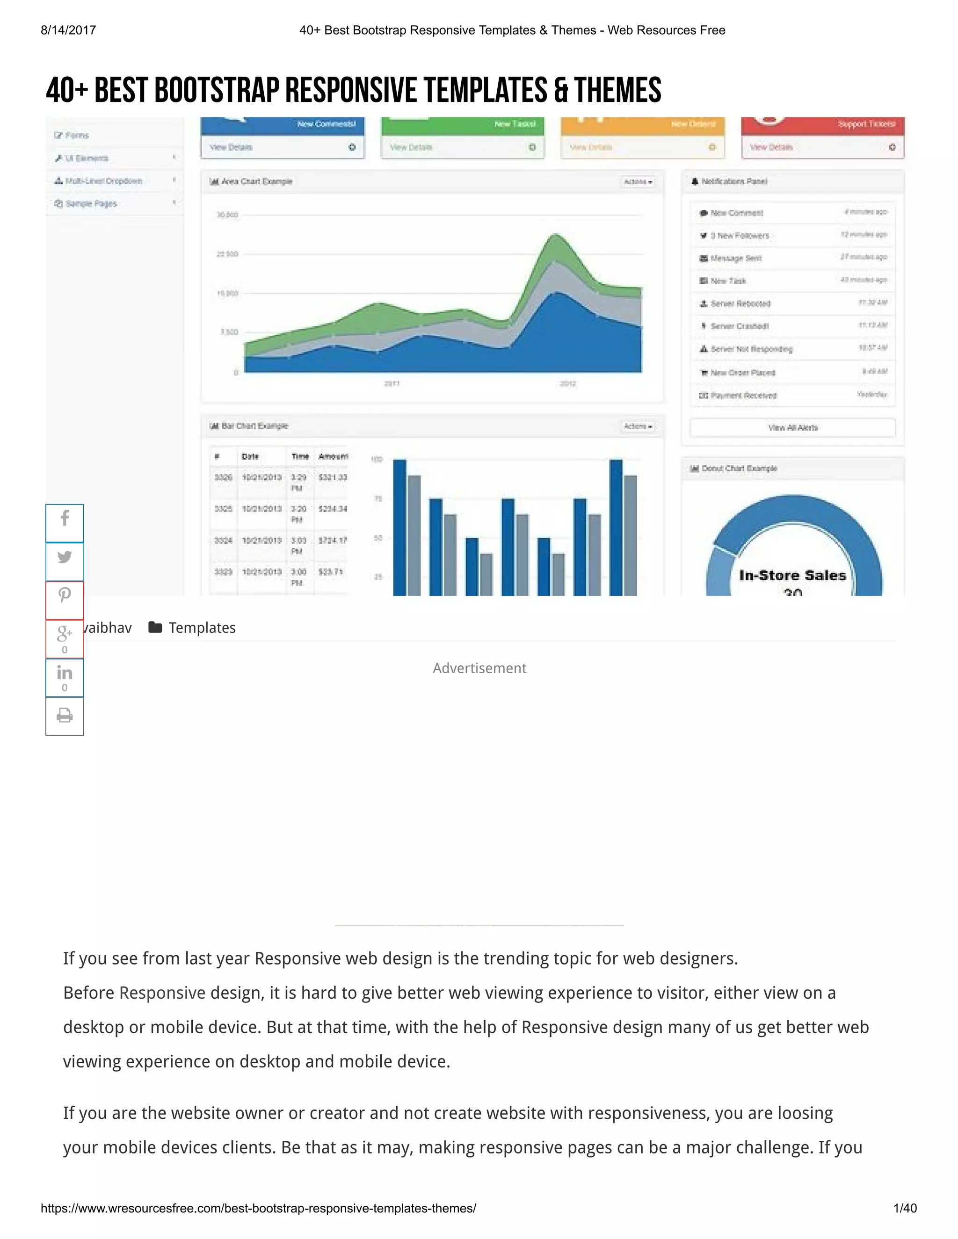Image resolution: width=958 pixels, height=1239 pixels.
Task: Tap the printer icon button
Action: [65, 715]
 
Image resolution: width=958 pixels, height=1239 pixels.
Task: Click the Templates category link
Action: [202, 627]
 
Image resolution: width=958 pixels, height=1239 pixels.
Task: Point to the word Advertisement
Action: [479, 668]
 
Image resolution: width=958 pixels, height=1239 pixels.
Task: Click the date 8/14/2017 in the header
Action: [68, 30]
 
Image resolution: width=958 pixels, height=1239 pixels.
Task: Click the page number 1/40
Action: [905, 1208]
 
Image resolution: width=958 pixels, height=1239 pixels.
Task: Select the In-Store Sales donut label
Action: [792, 575]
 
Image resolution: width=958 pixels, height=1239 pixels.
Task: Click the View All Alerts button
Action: [792, 428]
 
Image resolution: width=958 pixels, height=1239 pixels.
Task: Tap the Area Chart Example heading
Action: [256, 181]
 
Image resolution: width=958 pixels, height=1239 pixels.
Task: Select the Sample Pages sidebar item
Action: [91, 204]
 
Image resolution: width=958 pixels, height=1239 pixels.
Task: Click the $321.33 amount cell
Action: [333, 478]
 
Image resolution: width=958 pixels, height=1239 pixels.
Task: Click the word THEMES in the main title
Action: [617, 91]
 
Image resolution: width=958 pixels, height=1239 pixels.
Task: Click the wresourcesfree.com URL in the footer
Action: [258, 1208]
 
